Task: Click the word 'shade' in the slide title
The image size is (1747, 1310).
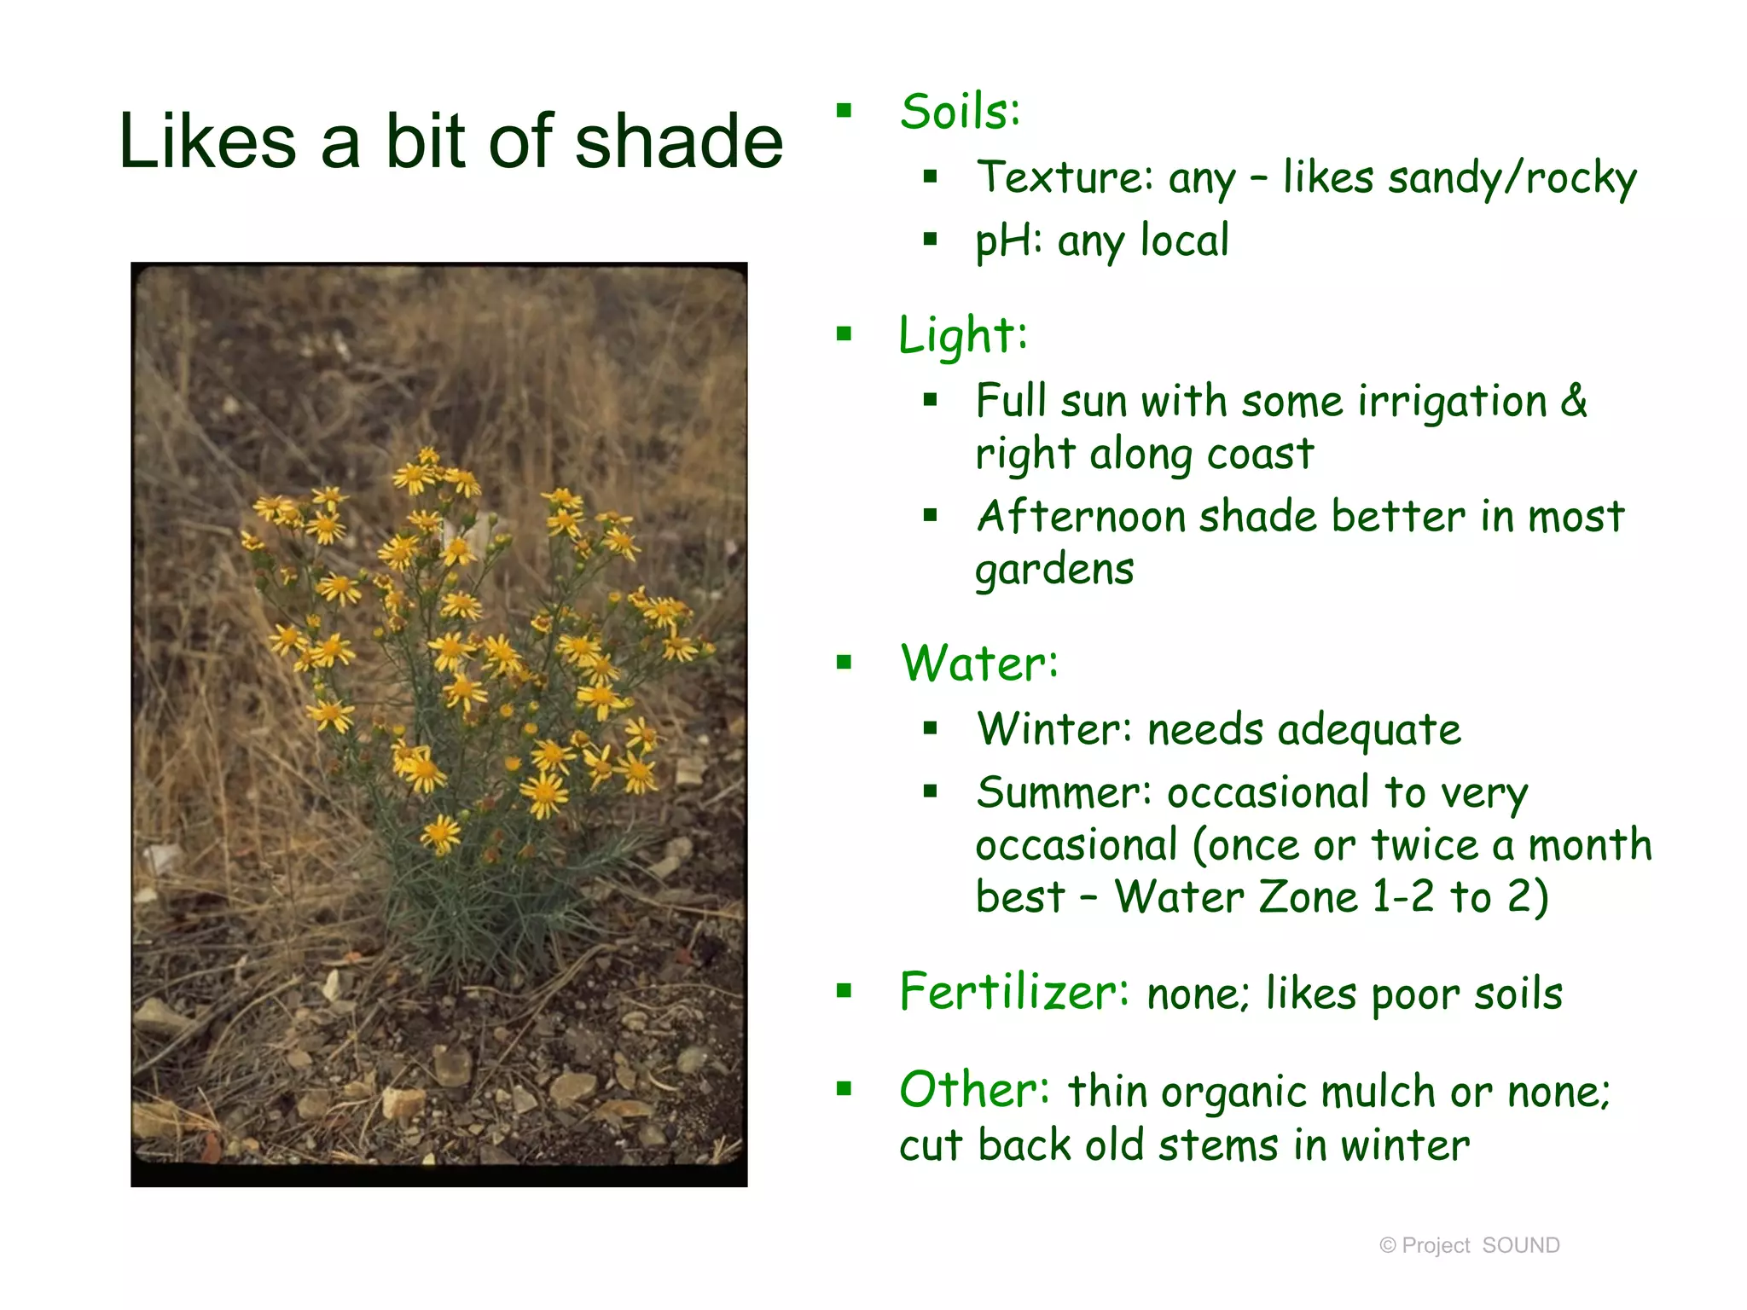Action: click(678, 142)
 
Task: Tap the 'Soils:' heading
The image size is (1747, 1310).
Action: click(960, 112)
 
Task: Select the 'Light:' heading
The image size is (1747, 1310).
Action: click(963, 335)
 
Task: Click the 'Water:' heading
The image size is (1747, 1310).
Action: click(979, 664)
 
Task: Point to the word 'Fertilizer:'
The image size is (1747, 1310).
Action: click(1014, 992)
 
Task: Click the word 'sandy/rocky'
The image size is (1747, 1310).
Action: click(1512, 178)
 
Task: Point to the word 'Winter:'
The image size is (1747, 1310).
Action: click(1054, 729)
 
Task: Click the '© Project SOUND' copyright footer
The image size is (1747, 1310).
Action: click(1469, 1245)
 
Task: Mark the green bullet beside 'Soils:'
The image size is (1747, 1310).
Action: click(844, 110)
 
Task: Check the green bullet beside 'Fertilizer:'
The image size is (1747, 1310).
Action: click(844, 990)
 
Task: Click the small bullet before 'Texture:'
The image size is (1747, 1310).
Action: click(930, 177)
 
